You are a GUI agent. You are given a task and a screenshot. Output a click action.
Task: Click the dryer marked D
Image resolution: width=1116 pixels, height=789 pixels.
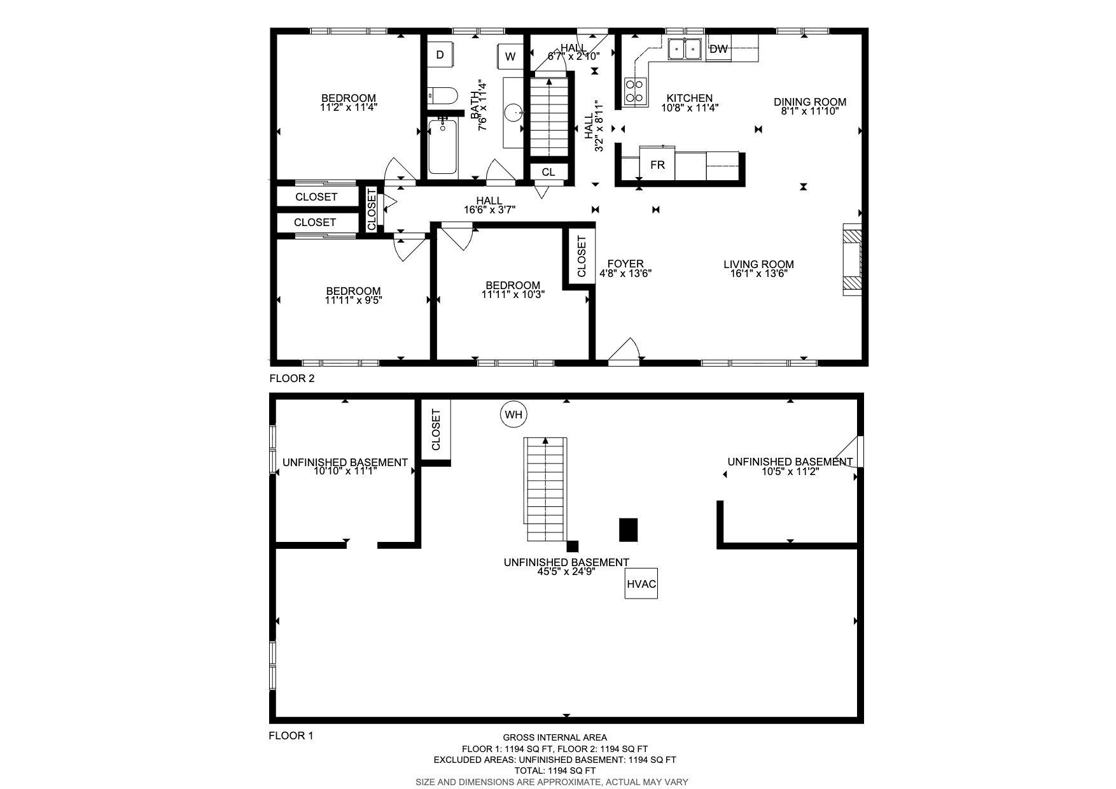(x=440, y=55)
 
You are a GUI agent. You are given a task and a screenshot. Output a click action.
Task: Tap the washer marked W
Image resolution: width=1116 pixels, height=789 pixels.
(x=510, y=57)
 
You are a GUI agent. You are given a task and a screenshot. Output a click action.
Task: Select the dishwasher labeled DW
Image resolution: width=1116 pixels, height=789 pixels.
(x=718, y=49)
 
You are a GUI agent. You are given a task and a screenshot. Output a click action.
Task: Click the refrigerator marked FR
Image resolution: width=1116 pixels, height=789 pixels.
(x=657, y=164)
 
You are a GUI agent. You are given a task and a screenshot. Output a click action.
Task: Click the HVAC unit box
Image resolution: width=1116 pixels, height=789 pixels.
(x=641, y=584)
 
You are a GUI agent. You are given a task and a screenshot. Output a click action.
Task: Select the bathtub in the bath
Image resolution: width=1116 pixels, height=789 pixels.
(x=443, y=146)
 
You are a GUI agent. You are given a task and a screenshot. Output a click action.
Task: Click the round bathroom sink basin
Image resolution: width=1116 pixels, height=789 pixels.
(x=513, y=113)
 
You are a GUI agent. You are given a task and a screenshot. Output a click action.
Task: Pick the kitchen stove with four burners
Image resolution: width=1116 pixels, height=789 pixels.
(x=635, y=90)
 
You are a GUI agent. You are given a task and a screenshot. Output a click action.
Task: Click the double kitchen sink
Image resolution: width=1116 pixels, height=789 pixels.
(x=685, y=49)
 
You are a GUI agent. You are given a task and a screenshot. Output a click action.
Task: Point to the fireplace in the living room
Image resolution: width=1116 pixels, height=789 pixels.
(x=853, y=259)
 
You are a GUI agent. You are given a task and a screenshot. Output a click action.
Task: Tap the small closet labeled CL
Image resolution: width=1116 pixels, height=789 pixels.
(x=548, y=172)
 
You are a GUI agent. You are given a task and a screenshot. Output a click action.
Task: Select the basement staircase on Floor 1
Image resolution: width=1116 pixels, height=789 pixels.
(x=546, y=489)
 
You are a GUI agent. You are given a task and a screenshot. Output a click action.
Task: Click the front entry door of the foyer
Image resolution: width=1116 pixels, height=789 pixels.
(x=624, y=352)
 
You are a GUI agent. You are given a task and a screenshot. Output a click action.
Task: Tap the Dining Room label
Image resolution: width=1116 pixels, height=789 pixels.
(x=810, y=102)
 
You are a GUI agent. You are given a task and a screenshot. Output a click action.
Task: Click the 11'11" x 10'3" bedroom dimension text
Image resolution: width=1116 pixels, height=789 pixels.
(x=513, y=295)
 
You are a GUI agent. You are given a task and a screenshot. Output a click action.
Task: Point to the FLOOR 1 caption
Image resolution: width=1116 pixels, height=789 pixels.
(x=291, y=736)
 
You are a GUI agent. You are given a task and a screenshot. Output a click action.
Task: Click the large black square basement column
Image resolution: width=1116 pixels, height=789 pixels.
(x=629, y=530)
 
